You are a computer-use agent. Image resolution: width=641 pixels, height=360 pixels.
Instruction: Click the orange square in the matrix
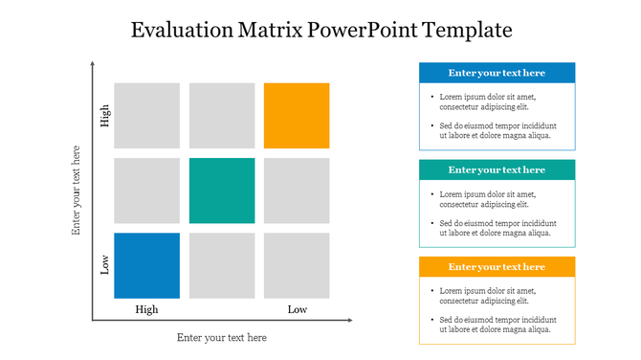pos(297,116)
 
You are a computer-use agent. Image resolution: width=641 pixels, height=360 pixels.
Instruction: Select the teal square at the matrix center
pos(222,191)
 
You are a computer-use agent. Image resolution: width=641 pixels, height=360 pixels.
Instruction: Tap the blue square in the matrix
pos(146,265)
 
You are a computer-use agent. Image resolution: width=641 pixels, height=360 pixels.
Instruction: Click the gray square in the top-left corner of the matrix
pos(146,116)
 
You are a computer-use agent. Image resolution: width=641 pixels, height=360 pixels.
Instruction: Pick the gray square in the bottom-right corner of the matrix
pos(297,265)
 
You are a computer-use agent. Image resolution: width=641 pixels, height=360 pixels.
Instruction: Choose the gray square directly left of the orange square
pos(222,116)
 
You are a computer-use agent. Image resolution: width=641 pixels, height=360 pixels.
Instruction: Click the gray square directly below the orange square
pos(297,191)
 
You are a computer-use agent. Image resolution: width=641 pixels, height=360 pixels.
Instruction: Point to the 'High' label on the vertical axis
pos(104,116)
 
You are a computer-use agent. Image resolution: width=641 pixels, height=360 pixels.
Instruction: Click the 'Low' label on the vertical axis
pos(104,264)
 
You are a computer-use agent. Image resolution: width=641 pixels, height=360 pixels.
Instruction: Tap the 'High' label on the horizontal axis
pos(146,309)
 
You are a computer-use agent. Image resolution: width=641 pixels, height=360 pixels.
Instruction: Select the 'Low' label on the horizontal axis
pos(298,309)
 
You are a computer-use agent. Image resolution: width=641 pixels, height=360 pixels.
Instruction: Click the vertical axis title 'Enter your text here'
pos(77,191)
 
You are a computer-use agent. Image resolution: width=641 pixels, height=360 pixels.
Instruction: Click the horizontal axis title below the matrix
pos(222,337)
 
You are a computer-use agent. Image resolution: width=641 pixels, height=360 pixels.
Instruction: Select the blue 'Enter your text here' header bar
pos(497,73)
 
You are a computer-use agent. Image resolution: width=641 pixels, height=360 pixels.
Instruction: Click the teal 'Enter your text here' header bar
pos(497,169)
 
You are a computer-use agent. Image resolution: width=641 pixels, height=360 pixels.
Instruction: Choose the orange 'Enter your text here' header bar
pos(497,266)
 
